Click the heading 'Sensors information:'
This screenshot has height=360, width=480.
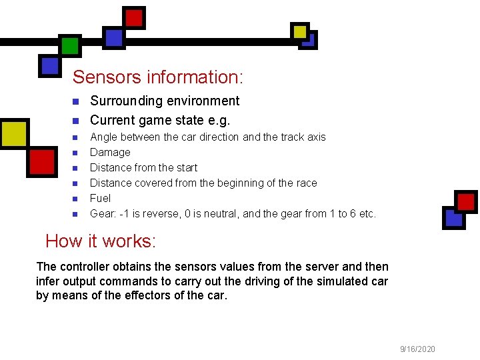[x=158, y=77]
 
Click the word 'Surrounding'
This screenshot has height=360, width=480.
[x=126, y=101]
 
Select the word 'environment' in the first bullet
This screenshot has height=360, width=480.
[x=203, y=101]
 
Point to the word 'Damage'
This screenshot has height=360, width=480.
[x=110, y=152]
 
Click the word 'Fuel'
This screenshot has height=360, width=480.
[x=100, y=198]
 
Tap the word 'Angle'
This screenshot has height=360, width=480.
[x=103, y=137]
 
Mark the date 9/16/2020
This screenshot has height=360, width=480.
[x=417, y=349]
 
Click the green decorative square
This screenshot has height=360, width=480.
[x=69, y=45]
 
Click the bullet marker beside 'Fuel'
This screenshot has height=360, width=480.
[x=75, y=199]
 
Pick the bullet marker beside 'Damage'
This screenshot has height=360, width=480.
[x=75, y=153]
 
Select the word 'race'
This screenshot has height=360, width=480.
[x=306, y=183]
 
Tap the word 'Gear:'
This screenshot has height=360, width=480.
[x=103, y=214]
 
